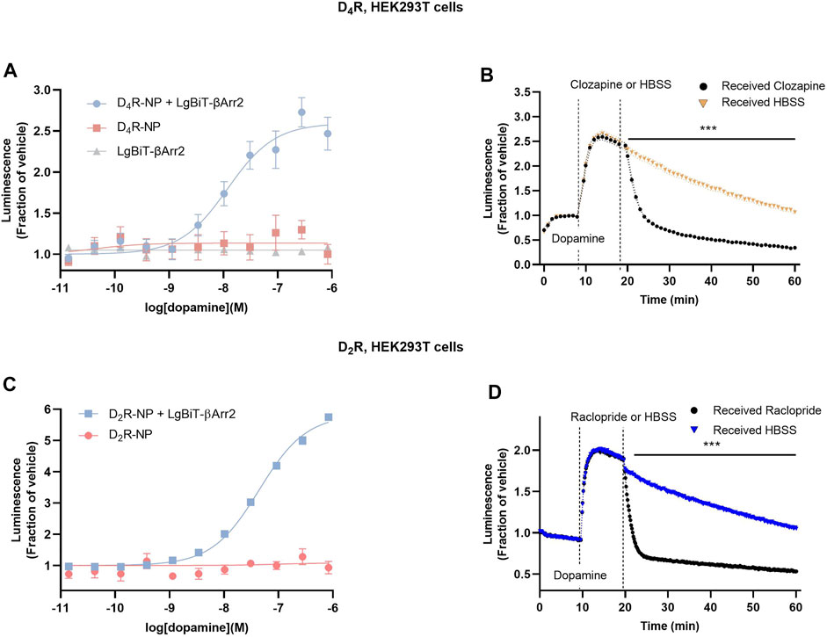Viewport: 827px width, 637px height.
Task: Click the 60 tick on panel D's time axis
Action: (795, 606)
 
